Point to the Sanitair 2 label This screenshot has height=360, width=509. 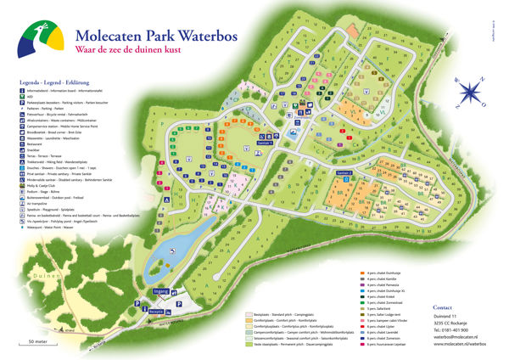[x=344, y=172]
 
